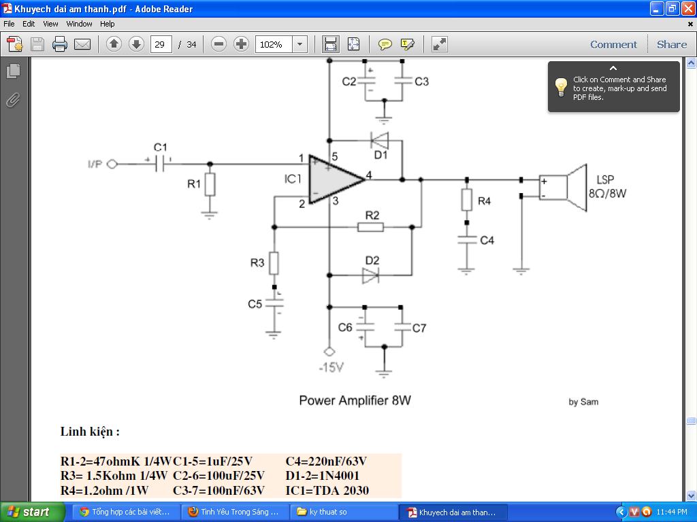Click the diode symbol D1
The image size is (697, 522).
[x=380, y=141]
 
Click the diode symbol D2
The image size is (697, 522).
[x=370, y=275]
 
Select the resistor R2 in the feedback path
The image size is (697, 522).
[x=370, y=227]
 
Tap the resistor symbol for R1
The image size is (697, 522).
[x=210, y=185]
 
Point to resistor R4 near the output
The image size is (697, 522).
[x=466, y=200]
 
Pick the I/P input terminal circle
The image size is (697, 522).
[x=112, y=164]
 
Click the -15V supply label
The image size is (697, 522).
[x=331, y=368]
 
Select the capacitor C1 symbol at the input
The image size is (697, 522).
[x=160, y=164]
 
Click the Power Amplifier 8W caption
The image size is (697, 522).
[x=355, y=400]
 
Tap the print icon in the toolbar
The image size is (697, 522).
[x=60, y=44]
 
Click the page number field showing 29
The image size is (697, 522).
[x=161, y=44]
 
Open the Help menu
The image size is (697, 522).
[x=107, y=24]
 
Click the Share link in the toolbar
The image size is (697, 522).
[x=672, y=44]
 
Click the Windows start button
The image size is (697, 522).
[x=32, y=512]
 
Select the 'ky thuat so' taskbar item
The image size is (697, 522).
[x=344, y=512]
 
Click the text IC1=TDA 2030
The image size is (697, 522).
[x=327, y=491]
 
